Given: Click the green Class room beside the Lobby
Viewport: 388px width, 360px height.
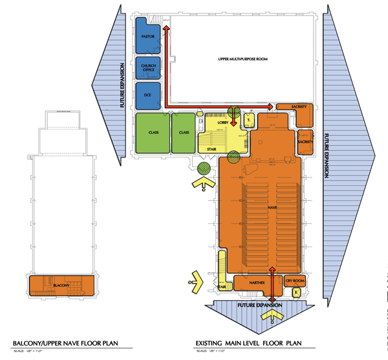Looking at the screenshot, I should [x=184, y=133].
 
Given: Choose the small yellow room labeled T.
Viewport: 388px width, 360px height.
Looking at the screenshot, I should [x=248, y=122].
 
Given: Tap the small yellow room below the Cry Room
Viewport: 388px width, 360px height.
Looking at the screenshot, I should [x=296, y=293].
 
